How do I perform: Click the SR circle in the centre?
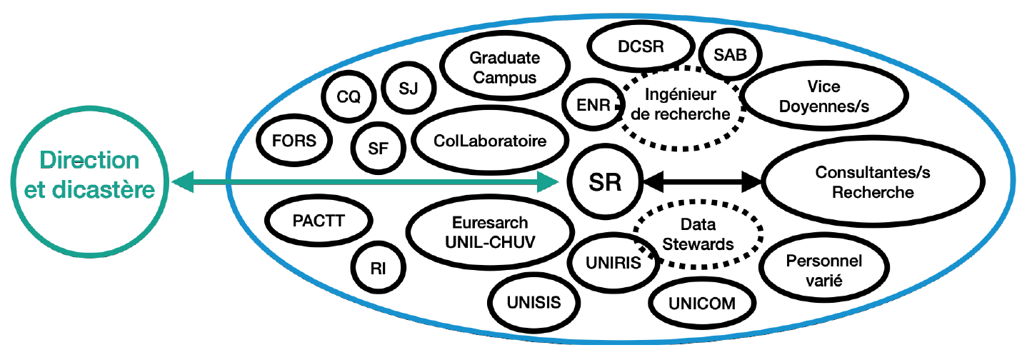pos(606,183)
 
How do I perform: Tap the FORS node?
pos(294,141)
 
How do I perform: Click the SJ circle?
pos(409,89)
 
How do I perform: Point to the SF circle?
pos(379,147)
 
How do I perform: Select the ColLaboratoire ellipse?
pos(489,141)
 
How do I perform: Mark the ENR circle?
pos(593,104)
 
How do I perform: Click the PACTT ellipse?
pos(319,221)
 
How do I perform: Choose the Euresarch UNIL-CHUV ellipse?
pos(490,232)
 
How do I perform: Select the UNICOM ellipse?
pos(702,304)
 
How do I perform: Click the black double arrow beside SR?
pos(703,183)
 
